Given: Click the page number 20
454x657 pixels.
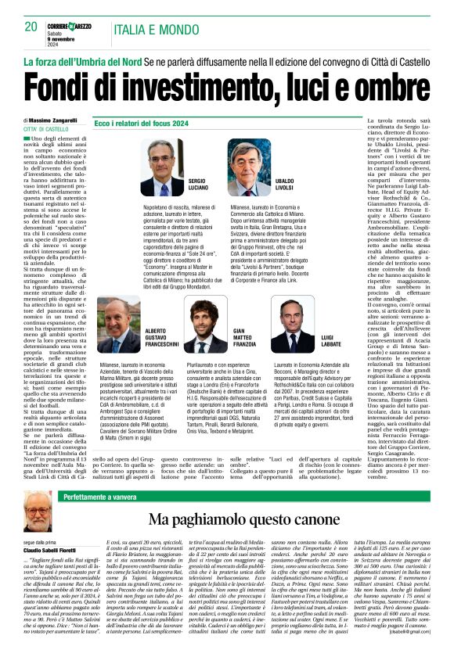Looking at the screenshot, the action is click(x=31, y=27).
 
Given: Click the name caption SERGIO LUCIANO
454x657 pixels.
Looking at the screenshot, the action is click(x=196, y=185).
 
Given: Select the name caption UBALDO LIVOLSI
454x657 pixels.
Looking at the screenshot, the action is click(x=283, y=185).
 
